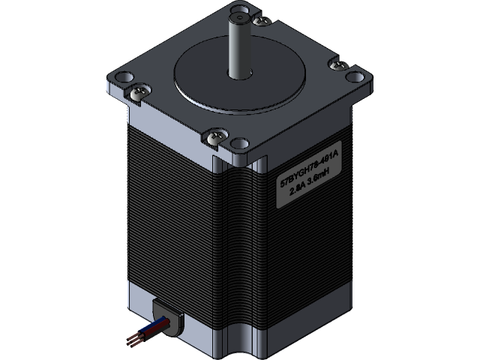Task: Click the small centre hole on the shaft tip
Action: (239, 12)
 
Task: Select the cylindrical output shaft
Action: (239, 45)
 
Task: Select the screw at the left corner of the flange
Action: (138, 93)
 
